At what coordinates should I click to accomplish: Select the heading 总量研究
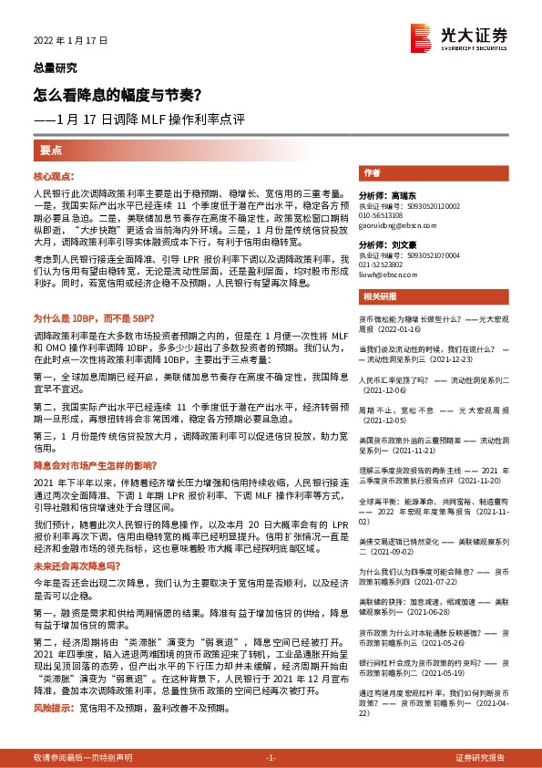point(55,67)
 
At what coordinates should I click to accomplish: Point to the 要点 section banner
point(51,150)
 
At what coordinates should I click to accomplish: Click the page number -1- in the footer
point(271,758)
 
